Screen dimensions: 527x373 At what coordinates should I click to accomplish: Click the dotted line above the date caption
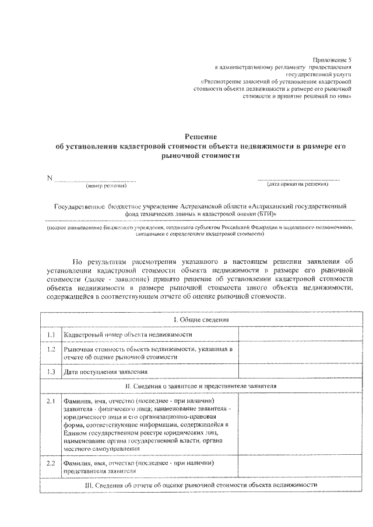point(298,178)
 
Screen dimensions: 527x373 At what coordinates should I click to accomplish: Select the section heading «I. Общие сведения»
point(199,320)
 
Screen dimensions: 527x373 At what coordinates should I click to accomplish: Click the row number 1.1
point(51,335)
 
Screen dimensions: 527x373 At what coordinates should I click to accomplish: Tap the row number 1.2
point(51,349)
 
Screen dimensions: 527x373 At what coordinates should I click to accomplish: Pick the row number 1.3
point(51,371)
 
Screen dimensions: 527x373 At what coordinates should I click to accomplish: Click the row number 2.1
point(51,401)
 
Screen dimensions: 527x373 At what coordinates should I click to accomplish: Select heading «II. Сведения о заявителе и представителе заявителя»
point(199,385)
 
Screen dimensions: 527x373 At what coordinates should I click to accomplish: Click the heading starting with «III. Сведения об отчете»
point(199,484)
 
